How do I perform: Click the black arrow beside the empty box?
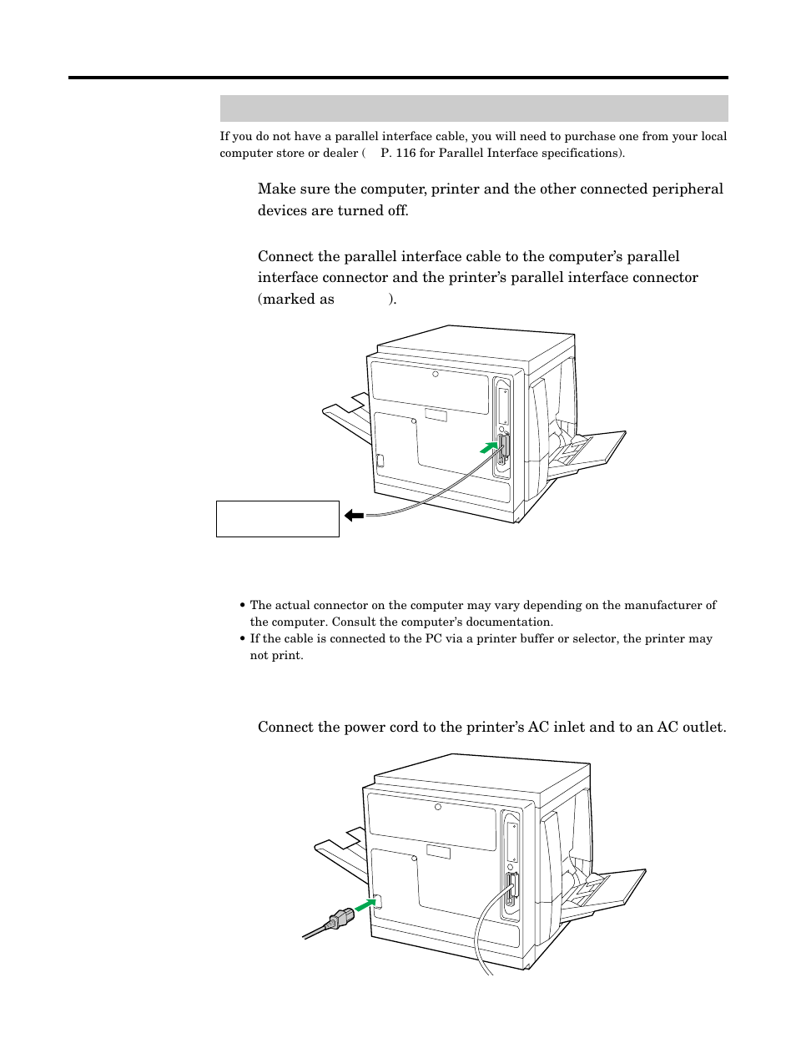pos(354,516)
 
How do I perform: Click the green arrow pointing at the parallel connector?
pos(487,448)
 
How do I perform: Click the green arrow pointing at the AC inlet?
pos(364,905)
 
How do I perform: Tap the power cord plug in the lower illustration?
pos(340,919)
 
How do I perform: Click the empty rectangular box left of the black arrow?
pos(277,518)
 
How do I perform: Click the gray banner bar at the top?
pos(473,108)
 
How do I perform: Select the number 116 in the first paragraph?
pos(406,153)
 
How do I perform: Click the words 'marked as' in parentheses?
pos(298,299)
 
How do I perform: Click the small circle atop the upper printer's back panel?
pos(436,374)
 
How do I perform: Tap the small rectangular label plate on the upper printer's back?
pos(436,415)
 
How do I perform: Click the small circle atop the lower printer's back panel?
pos(438,807)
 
